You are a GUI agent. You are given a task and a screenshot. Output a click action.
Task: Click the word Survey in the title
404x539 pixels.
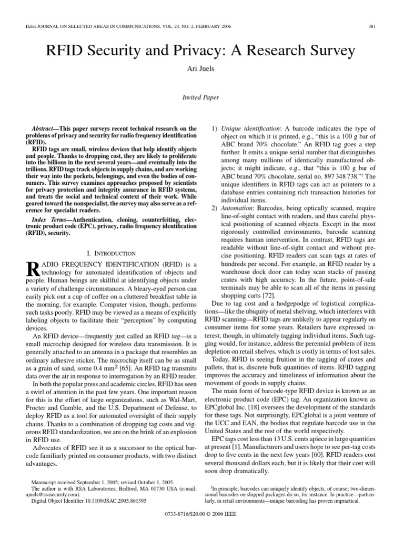(328, 52)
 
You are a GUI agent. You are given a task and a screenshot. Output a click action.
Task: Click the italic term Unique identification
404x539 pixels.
(249, 128)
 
